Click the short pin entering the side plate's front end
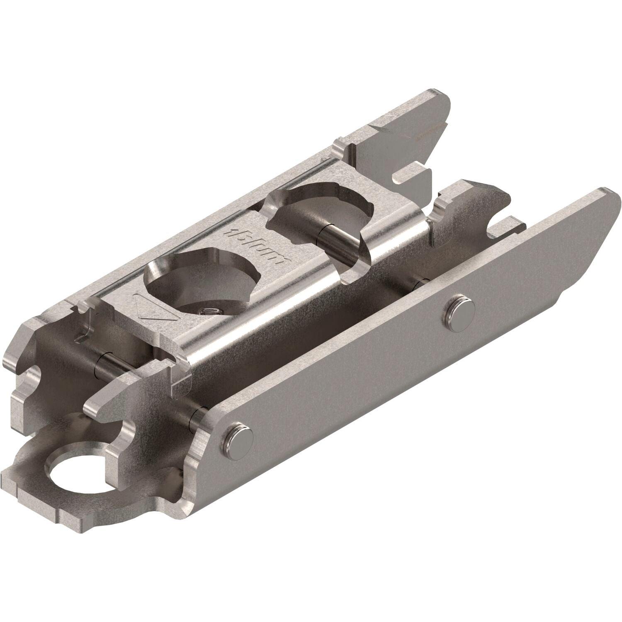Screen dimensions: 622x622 click(x=195, y=419)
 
